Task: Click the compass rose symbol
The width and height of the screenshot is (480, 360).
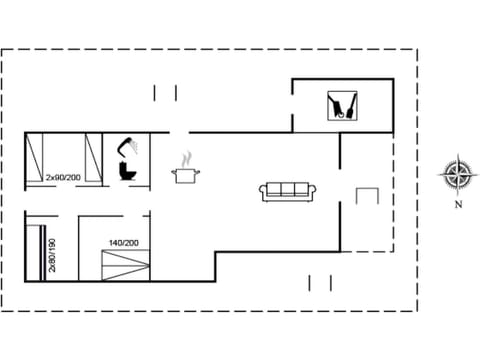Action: (x=457, y=174)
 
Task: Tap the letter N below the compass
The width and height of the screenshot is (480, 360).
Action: (x=457, y=205)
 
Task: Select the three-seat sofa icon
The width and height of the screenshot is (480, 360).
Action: (x=288, y=190)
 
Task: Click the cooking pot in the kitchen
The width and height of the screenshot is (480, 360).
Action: (x=186, y=175)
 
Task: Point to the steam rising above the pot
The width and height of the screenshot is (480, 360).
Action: (x=186, y=157)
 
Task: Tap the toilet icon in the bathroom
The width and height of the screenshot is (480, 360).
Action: (x=127, y=170)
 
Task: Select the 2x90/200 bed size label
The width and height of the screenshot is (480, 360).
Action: (x=62, y=177)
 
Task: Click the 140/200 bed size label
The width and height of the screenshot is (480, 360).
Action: (x=124, y=243)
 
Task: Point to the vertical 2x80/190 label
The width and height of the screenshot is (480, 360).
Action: (x=51, y=259)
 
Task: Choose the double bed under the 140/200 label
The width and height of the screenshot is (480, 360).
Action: (x=124, y=266)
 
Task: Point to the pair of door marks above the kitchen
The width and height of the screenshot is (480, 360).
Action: (x=165, y=93)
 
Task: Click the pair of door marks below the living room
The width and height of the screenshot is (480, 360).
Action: (x=320, y=283)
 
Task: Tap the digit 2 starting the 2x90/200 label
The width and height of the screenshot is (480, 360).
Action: (x=48, y=177)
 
